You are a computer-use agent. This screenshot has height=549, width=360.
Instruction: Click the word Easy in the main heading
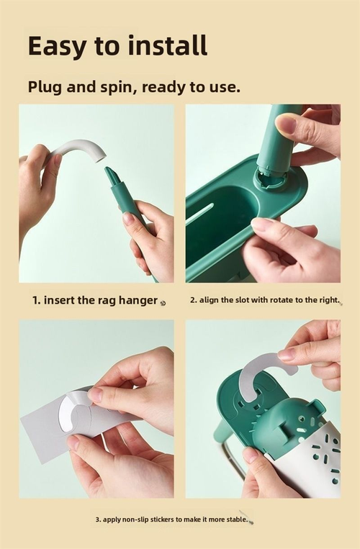(x=57, y=46)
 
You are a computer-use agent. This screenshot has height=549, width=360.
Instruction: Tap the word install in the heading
(x=168, y=45)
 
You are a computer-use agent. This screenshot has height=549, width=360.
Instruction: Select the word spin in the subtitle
(x=118, y=87)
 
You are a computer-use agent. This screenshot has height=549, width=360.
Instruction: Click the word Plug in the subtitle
(x=45, y=87)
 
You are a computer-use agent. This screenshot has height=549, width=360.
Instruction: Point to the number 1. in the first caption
(x=37, y=300)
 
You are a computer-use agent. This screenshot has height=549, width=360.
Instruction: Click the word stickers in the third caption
(x=162, y=519)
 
